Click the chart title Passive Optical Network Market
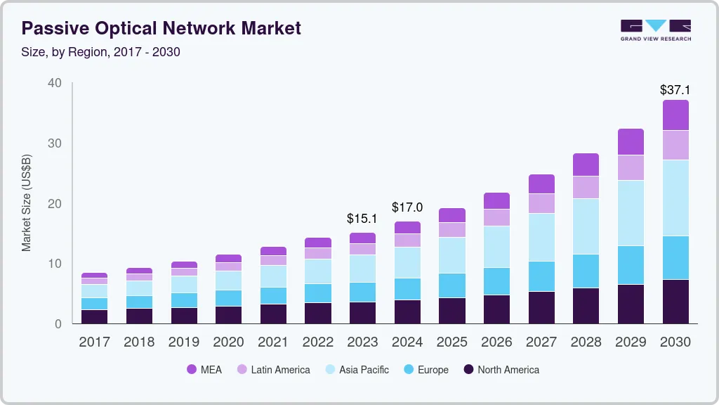coord(161,28)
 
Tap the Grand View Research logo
coord(655,30)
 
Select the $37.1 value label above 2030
coord(675,90)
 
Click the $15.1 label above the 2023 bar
coord(362,219)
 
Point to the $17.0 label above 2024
coord(407,208)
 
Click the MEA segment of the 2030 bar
coord(675,115)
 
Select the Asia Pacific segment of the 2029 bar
coord(631,213)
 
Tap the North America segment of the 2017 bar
coord(94,316)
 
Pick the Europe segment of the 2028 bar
coord(586,271)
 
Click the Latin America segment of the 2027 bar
coord(541,203)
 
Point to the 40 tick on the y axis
coord(55,83)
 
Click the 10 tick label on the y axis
coord(55,264)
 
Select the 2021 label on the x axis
coord(273,342)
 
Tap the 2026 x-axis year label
coord(496,342)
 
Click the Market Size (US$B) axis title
coord(27,203)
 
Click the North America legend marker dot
coord(468,369)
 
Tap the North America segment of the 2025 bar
coord(452,310)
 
